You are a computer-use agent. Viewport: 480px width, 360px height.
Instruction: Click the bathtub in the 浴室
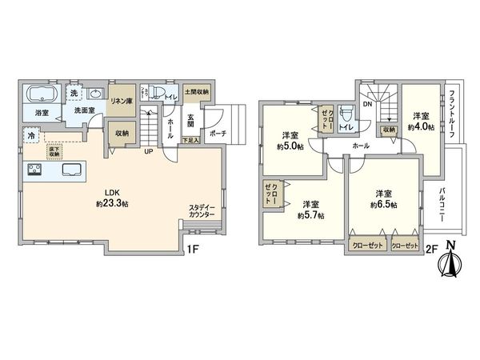tap(41, 94)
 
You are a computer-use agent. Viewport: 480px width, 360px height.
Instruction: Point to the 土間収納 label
tap(196, 93)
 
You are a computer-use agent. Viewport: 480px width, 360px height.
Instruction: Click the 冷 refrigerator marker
tap(30, 136)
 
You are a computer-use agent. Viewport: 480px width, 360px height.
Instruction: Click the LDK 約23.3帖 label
tap(110, 198)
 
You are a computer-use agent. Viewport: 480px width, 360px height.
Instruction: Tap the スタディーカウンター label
tap(202, 210)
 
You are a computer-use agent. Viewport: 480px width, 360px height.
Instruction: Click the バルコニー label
tap(442, 203)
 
